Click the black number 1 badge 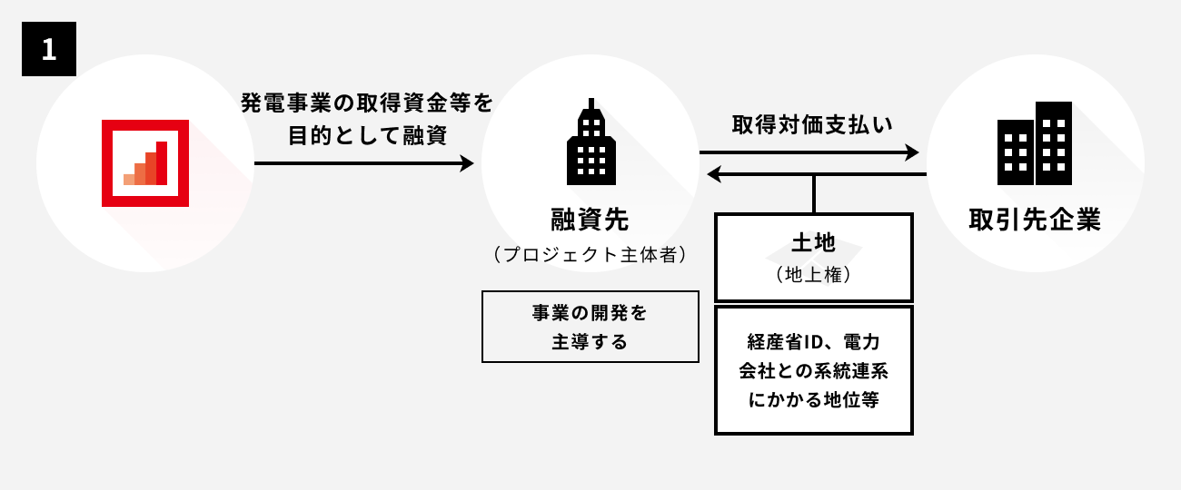point(49,49)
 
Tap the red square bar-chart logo point(145,163)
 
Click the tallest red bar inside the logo point(162,162)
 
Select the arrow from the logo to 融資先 point(363,163)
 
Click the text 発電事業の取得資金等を point(367,103)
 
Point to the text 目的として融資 point(367,134)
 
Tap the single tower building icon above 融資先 point(590,141)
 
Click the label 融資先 point(590,219)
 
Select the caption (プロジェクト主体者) point(590,255)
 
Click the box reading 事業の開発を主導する point(590,327)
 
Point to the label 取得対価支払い point(813,124)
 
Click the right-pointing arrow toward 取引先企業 point(809,154)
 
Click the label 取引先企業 point(1035,220)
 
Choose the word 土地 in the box point(813,243)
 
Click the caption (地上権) point(813,273)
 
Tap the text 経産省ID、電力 point(814,342)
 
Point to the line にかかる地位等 point(814,399)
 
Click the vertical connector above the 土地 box point(813,193)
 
